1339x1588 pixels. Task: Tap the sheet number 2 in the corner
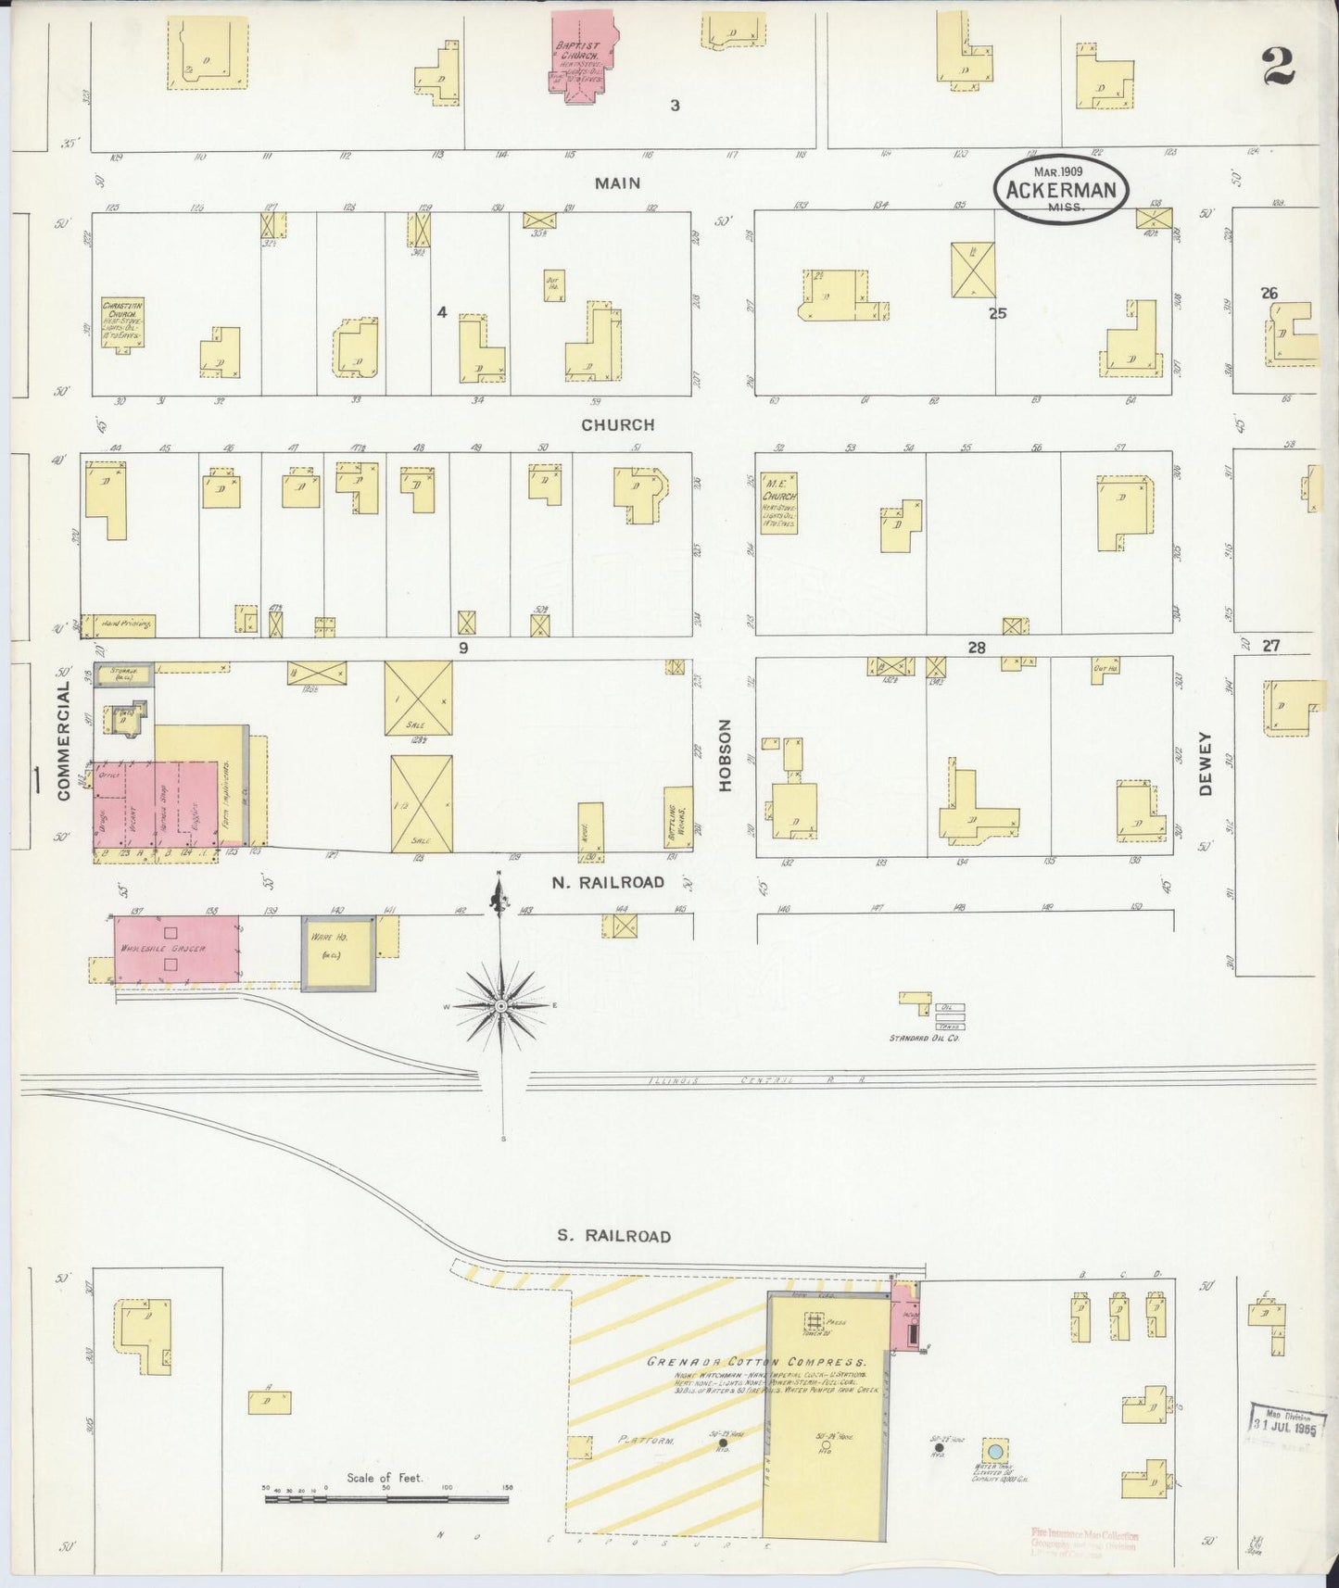[1278, 67]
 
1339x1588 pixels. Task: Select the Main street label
[617, 183]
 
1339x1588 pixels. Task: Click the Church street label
[618, 425]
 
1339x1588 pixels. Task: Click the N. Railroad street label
[608, 882]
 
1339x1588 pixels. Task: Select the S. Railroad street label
[613, 1236]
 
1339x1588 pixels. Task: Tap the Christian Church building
[122, 321]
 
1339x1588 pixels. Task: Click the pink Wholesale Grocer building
[176, 950]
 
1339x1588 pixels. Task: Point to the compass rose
[501, 1005]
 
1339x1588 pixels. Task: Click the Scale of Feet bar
[388, 1498]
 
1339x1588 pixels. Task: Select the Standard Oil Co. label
[924, 1039]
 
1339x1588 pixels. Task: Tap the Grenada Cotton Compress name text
[756, 1363]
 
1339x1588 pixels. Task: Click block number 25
[996, 313]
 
